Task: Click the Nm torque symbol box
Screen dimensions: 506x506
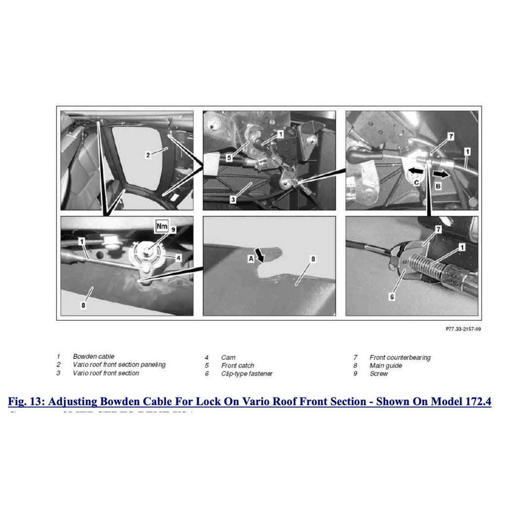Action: (162, 227)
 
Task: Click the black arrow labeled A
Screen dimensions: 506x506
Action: (259, 254)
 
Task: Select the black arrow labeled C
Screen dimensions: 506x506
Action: (415, 170)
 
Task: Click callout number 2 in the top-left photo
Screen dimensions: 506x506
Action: (148, 155)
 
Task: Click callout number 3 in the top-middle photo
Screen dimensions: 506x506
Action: (233, 200)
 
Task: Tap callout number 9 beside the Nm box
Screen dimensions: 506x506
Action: (173, 229)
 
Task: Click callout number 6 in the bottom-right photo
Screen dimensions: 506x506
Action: (391, 297)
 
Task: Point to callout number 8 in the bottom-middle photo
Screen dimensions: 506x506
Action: (313, 258)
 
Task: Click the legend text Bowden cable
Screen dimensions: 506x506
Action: (93, 356)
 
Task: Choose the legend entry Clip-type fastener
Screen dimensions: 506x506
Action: (247, 374)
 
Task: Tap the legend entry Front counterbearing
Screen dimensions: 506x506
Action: (400, 357)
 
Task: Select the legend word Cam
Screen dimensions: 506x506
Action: (228, 357)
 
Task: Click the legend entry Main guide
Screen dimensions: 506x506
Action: (385, 366)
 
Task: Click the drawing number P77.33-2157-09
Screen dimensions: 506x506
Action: (463, 329)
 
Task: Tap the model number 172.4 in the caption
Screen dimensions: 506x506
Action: (478, 401)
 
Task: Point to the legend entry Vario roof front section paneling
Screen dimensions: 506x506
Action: (119, 365)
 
